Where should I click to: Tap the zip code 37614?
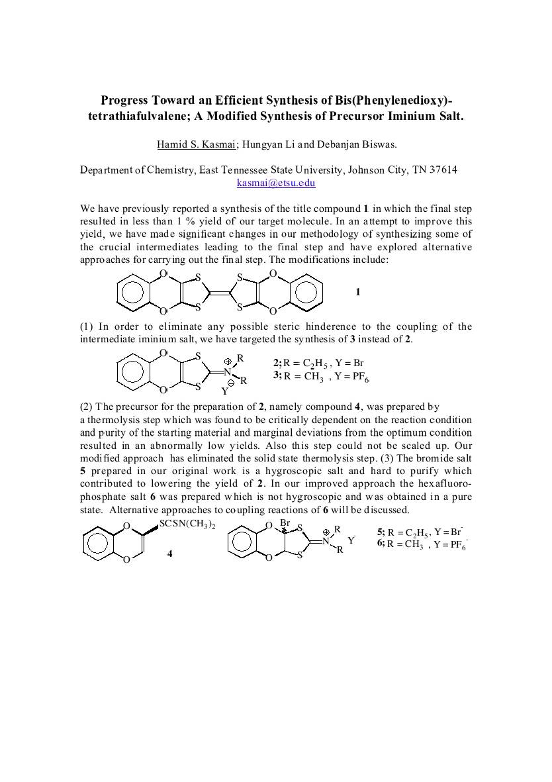point(443,170)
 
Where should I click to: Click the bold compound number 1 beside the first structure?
point(358,291)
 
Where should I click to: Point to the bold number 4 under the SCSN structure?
point(170,553)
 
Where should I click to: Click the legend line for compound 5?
point(420,532)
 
